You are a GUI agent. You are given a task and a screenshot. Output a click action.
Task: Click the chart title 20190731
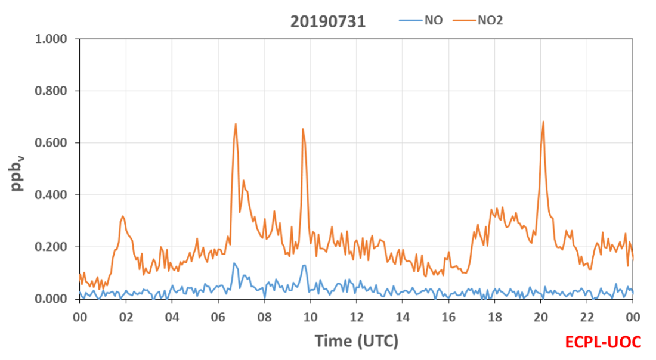point(327,21)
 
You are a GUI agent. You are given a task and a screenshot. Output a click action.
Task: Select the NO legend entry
point(421,20)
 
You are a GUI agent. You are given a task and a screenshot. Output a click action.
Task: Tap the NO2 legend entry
point(478,20)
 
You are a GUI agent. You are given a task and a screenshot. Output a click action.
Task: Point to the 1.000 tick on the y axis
point(51,39)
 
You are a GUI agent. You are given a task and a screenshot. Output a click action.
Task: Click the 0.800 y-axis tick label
point(51,91)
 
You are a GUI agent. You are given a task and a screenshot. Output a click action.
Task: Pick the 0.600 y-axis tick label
point(51,143)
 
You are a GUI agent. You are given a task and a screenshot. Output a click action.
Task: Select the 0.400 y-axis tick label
point(51,195)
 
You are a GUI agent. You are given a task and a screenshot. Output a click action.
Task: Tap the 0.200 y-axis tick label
point(51,247)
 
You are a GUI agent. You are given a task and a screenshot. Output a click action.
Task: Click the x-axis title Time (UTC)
point(357,341)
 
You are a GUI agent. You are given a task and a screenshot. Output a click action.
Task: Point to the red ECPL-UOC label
point(603,342)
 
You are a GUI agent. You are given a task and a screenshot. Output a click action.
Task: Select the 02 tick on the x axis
point(126,317)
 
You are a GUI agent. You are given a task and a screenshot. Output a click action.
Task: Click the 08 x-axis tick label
point(264,317)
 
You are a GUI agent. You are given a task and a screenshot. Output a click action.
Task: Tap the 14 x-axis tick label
point(403,317)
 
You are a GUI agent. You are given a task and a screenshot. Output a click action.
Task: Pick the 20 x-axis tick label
point(540,317)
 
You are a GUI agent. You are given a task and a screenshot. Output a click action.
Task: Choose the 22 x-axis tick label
point(587,317)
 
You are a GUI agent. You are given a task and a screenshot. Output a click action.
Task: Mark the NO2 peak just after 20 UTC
point(543,122)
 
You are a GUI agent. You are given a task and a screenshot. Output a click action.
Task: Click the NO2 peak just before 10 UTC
point(302,129)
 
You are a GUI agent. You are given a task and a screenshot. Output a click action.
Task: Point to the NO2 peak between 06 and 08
point(236,124)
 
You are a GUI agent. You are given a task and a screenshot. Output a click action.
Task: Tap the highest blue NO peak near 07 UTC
point(234,263)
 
